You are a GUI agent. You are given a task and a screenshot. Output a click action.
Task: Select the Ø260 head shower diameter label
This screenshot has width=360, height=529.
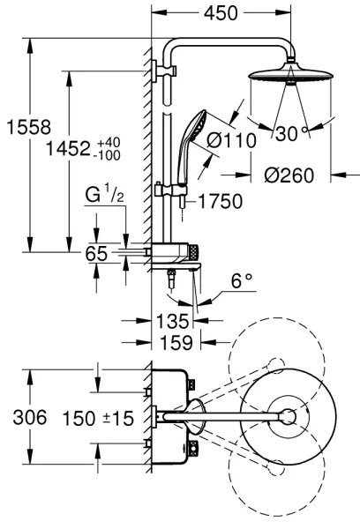click(289, 175)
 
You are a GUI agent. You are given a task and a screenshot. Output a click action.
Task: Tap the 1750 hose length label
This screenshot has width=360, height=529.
click(220, 202)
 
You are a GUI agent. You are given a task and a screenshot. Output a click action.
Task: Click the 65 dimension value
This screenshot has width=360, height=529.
click(96, 254)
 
